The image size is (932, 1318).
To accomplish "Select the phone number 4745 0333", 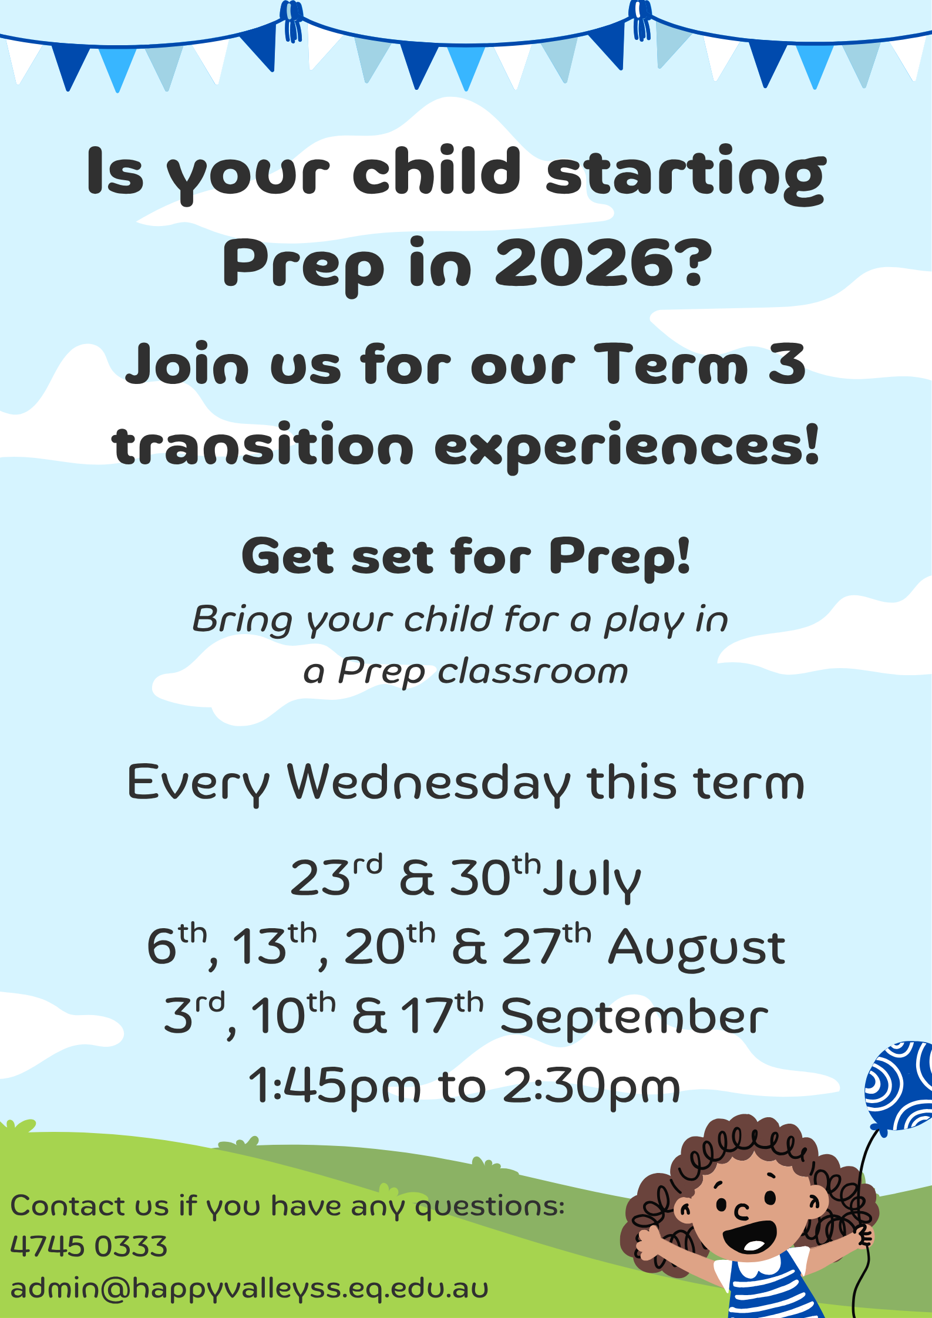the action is tap(89, 1246).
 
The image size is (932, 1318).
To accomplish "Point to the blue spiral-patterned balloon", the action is tap(900, 1086).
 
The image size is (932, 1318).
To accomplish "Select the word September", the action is tap(634, 1017).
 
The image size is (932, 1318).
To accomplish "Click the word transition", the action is tap(263, 445).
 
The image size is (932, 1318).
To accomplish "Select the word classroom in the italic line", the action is tap(533, 672).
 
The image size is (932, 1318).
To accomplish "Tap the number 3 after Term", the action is tap(787, 364).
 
